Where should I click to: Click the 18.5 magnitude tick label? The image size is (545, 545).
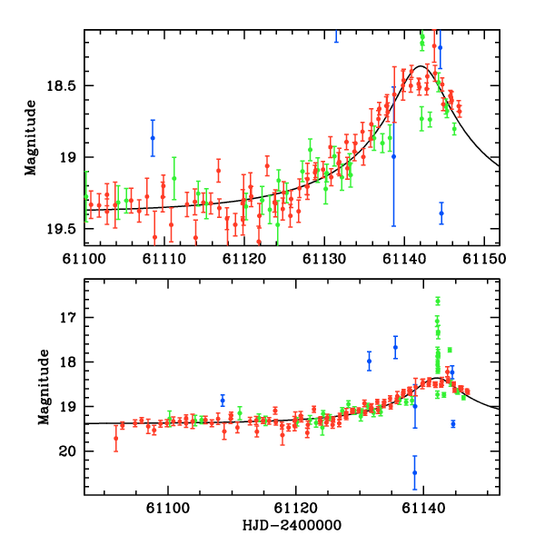click(x=63, y=86)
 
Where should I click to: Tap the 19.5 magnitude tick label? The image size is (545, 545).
click(x=63, y=228)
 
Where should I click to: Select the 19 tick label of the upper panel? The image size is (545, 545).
click(x=69, y=157)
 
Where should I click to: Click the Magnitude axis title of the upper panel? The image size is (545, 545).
click(x=31, y=137)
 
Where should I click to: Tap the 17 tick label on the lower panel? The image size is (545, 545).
click(x=69, y=318)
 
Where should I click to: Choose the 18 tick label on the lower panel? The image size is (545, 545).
click(x=69, y=362)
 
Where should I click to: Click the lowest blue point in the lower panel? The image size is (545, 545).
click(x=415, y=472)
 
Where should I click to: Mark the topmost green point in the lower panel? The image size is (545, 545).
click(x=438, y=301)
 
